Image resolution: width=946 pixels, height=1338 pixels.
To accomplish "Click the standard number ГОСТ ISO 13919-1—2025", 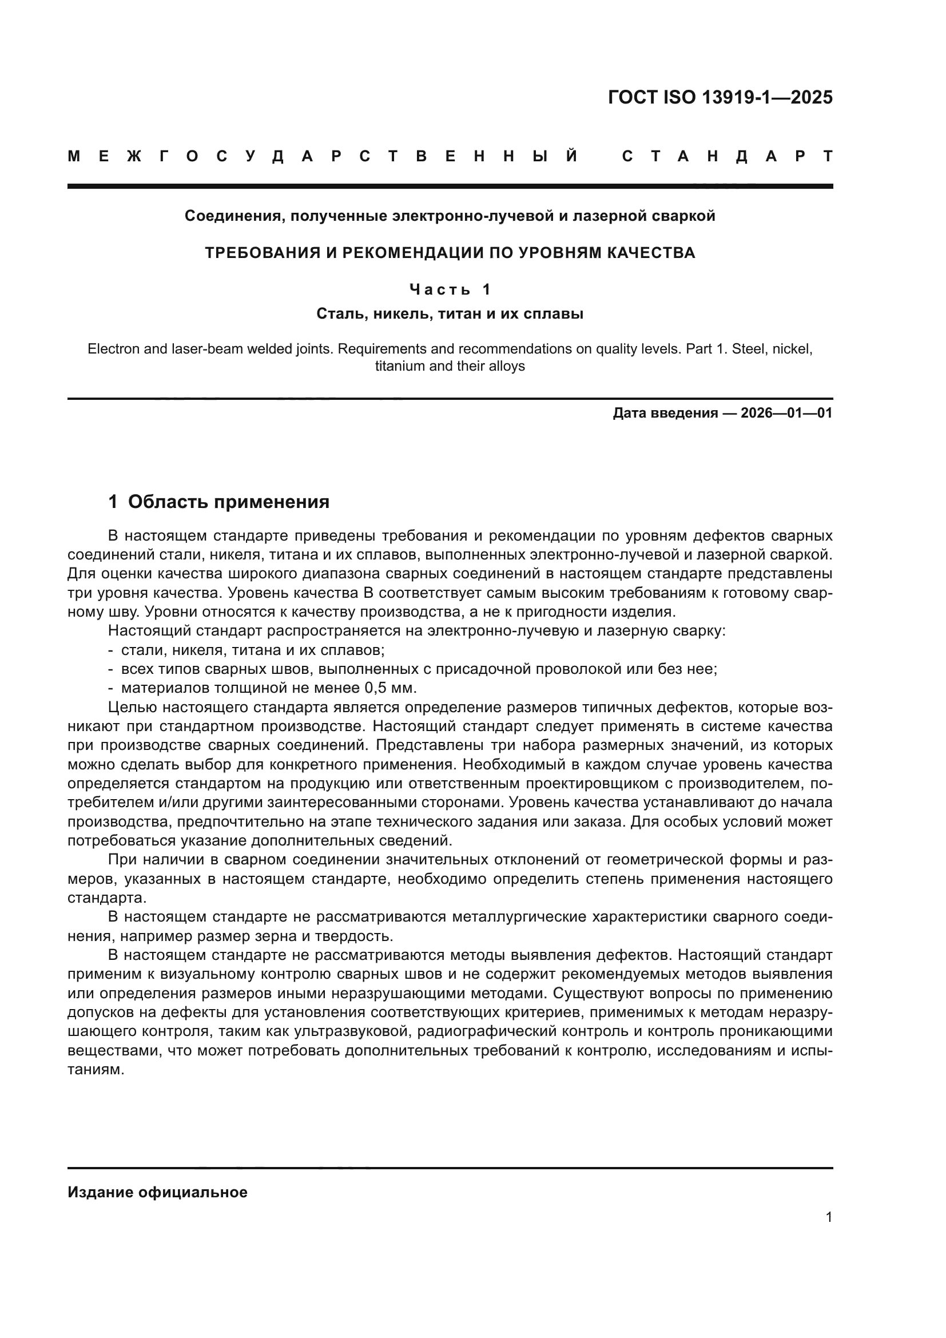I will (720, 97).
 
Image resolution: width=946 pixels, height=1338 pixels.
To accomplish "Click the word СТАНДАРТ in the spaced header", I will (727, 156).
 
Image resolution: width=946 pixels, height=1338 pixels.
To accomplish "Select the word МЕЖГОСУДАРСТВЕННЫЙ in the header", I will (323, 156).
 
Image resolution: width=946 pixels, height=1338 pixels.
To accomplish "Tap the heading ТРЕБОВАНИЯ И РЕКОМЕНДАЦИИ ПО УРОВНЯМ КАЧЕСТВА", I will (450, 253).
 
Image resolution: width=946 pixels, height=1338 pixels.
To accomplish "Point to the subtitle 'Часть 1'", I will (450, 289).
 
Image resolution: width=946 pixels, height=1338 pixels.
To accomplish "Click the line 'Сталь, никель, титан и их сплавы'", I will (450, 313).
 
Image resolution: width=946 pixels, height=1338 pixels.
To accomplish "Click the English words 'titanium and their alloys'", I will (450, 366).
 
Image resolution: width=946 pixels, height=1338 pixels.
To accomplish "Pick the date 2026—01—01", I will (786, 413).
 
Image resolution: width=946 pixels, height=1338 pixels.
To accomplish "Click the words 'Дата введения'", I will (665, 413).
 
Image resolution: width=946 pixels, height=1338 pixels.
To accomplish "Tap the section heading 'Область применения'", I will (228, 502).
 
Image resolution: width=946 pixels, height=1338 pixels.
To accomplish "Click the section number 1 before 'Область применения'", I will (113, 502).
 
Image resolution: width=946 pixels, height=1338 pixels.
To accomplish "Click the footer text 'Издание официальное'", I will (157, 1192).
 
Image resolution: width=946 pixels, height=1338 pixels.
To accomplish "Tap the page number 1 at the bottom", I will (829, 1217).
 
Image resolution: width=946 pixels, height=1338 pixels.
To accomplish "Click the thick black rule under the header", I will (450, 186).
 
